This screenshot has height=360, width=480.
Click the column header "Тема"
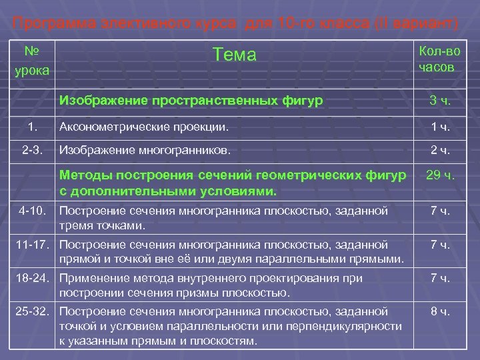[233, 55]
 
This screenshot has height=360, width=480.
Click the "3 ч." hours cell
[440, 101]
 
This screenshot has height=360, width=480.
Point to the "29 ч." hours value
[440, 176]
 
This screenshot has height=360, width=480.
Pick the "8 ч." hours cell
[440, 311]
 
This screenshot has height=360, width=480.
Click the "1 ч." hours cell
[440, 125]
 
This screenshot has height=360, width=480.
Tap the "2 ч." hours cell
[440, 150]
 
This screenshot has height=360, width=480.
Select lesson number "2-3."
[32, 150]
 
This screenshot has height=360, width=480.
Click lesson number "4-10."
[33, 211]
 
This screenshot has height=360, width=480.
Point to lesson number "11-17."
[32, 245]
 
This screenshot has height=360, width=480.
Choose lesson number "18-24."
[32, 278]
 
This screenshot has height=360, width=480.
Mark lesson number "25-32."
[32, 311]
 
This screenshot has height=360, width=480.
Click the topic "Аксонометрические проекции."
[143, 125]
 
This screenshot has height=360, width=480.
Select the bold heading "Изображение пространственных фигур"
[191, 101]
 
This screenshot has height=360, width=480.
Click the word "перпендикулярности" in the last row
[353, 326]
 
